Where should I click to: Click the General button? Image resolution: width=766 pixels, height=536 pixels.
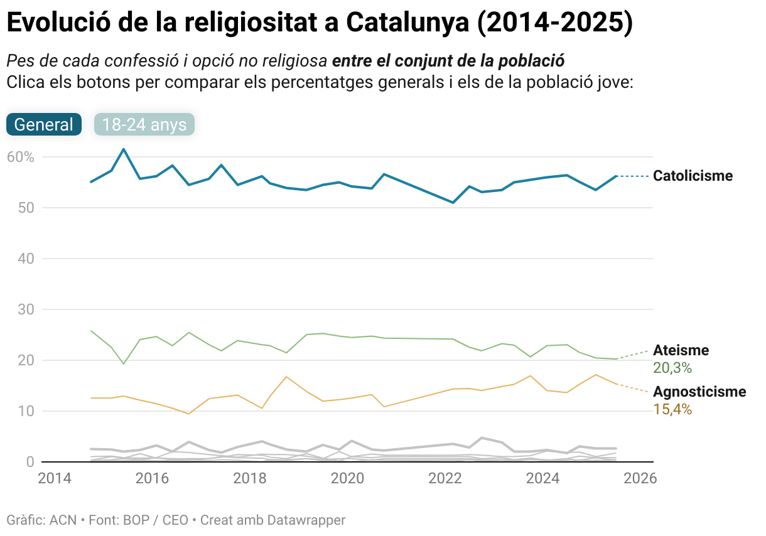(x=44, y=124)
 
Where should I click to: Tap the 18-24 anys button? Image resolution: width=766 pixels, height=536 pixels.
(x=144, y=124)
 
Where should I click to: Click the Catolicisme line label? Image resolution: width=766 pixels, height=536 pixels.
(x=693, y=176)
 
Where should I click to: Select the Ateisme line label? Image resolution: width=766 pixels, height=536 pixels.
(x=681, y=350)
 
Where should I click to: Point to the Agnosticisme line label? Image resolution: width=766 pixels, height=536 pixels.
(x=699, y=392)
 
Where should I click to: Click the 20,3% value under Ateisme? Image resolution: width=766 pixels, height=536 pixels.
(x=672, y=368)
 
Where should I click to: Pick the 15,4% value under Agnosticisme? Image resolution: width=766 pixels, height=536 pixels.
(x=672, y=410)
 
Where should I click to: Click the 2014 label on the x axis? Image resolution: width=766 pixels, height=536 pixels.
(x=54, y=478)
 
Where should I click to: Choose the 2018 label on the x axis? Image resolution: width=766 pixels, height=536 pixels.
(x=249, y=478)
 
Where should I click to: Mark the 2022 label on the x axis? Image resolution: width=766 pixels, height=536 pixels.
(x=445, y=478)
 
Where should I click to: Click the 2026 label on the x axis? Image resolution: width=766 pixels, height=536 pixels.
(x=640, y=478)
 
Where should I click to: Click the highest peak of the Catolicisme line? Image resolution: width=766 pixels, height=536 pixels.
(x=124, y=149)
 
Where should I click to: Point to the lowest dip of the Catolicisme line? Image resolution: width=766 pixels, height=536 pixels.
(x=453, y=202)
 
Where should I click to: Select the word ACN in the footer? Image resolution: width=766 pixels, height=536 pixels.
(x=63, y=520)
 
